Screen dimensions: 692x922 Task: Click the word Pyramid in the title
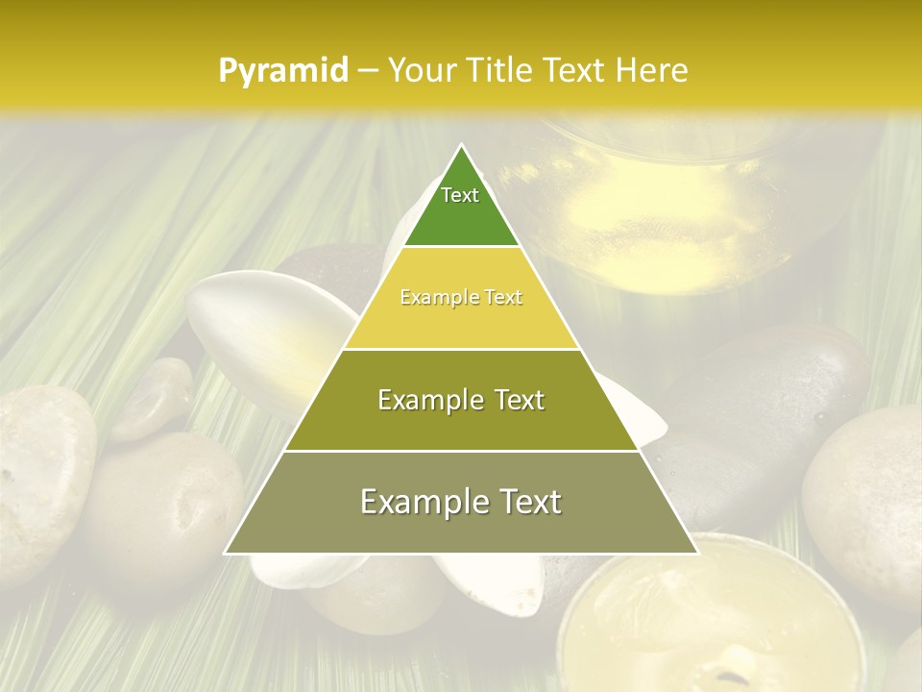click(x=283, y=71)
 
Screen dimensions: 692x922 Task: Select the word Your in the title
click(x=421, y=71)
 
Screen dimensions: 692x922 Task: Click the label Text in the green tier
click(x=460, y=195)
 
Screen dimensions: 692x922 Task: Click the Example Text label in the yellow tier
click(x=461, y=298)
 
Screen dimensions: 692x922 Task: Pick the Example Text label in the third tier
click(x=461, y=400)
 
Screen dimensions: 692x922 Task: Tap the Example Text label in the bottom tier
click(x=461, y=502)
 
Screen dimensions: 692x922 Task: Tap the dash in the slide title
click(x=366, y=71)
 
